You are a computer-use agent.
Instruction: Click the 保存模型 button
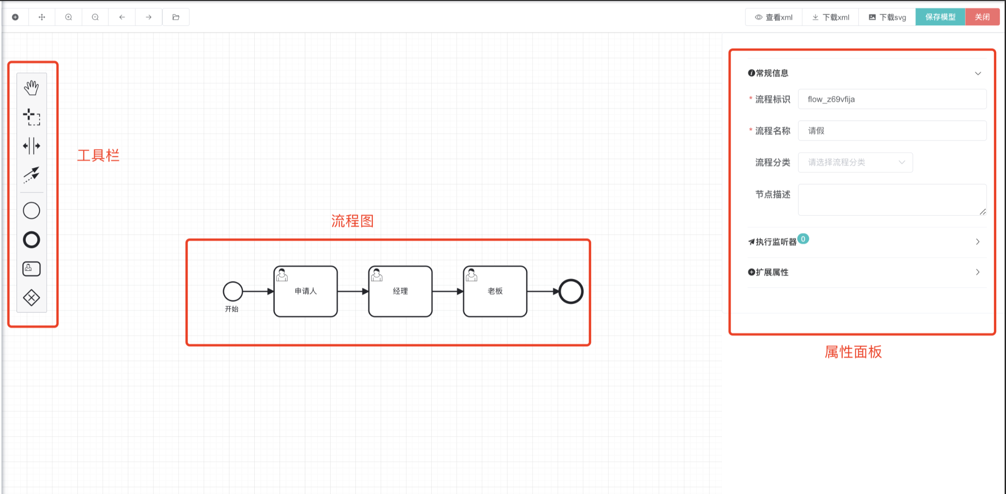pos(940,17)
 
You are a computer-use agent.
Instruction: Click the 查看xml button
pos(774,17)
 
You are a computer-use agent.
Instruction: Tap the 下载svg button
pos(887,17)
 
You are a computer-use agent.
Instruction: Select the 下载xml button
pos(830,17)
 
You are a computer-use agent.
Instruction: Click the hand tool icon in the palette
pos(31,87)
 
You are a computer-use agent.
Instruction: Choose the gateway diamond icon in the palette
pos(31,298)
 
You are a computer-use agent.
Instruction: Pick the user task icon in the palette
pos(31,269)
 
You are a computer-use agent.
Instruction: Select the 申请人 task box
pos(306,291)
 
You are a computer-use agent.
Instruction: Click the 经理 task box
pos(400,291)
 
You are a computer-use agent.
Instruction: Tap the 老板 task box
pos(495,291)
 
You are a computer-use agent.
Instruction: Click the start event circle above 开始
pos(233,291)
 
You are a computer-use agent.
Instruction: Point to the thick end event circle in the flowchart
pos(571,291)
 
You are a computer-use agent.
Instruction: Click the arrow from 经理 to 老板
pos(447,291)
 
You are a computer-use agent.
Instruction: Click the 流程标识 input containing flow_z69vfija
pos(892,99)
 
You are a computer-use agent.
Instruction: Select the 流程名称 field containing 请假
pos(892,131)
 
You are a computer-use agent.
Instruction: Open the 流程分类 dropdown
pos(855,162)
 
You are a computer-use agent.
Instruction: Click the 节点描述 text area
pos(892,199)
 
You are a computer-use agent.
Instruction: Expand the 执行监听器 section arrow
pos(977,242)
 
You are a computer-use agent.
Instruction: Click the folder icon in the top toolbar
pos(176,17)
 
